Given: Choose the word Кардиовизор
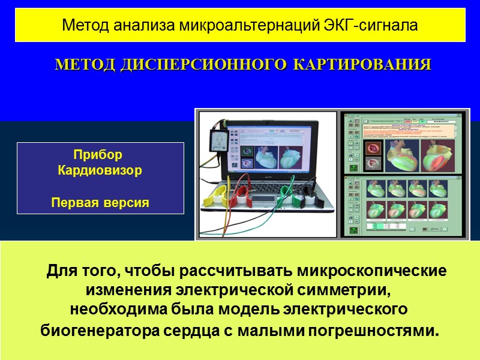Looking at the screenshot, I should coord(100,170).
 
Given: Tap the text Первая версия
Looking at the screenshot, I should coord(100,202).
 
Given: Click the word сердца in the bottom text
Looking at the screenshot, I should coord(164,330).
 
